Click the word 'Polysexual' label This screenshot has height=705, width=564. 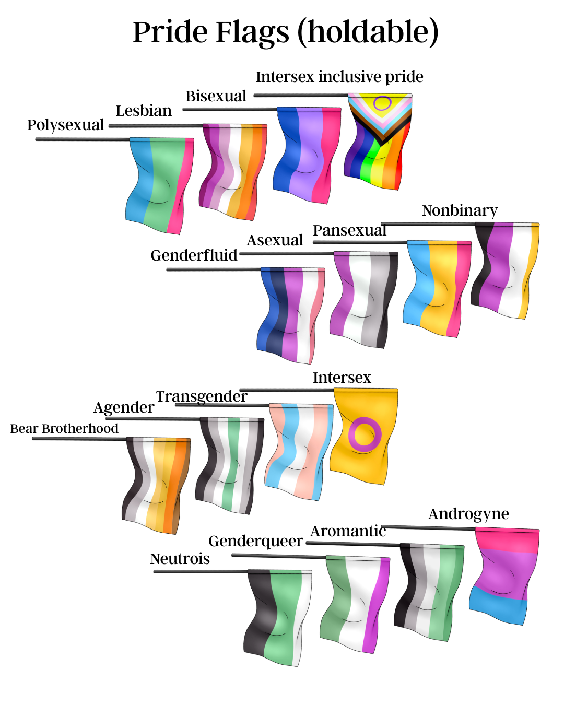[65, 125]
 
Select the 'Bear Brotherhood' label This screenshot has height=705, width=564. [64, 429]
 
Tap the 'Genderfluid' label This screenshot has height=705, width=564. [194, 255]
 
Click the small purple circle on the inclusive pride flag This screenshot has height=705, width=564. [382, 103]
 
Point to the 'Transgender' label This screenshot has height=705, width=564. [201, 397]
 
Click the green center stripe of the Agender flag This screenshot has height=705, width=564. [231, 465]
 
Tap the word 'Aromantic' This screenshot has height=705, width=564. [348, 531]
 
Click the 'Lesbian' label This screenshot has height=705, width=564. [144, 111]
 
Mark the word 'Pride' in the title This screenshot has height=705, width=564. [170, 32]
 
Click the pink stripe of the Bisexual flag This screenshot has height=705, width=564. [326, 154]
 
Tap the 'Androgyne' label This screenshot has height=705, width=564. [468, 514]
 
